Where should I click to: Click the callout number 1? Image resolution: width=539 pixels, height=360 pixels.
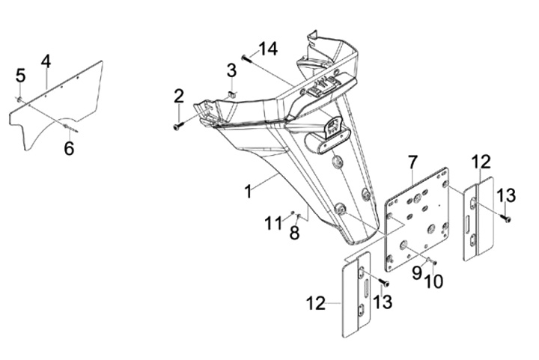click(249, 192)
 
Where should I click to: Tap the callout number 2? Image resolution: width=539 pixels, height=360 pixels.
click(179, 97)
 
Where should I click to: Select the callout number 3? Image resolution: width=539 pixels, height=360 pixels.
click(231, 70)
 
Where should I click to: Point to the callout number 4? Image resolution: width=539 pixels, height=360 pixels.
click(46, 62)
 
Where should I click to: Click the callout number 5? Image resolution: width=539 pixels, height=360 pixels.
click(21, 76)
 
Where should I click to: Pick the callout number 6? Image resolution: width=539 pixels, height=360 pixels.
click(69, 148)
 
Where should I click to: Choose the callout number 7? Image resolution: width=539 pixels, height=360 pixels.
click(412, 162)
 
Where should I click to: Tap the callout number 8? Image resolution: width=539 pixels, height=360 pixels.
click(294, 233)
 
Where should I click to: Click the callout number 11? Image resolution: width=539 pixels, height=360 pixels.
click(273, 224)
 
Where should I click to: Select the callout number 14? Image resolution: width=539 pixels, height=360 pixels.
click(269, 49)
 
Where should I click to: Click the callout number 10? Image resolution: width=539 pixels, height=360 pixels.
click(433, 281)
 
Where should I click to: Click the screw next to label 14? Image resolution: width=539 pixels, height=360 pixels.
click(246, 59)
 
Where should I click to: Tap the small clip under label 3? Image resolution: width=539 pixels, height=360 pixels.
click(231, 94)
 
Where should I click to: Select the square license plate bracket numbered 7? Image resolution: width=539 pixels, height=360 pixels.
click(417, 220)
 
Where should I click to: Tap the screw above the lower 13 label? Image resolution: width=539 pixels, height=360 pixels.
click(384, 282)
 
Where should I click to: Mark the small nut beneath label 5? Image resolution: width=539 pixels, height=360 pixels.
click(19, 100)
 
